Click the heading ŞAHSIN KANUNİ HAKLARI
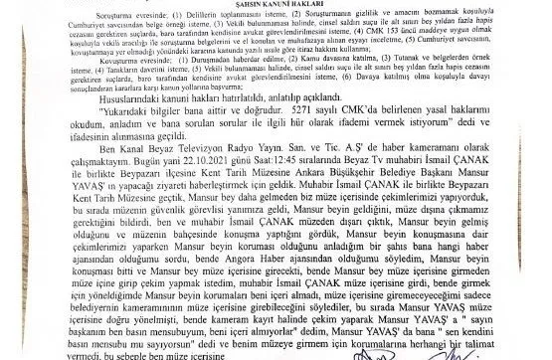click(x=275, y=5)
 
